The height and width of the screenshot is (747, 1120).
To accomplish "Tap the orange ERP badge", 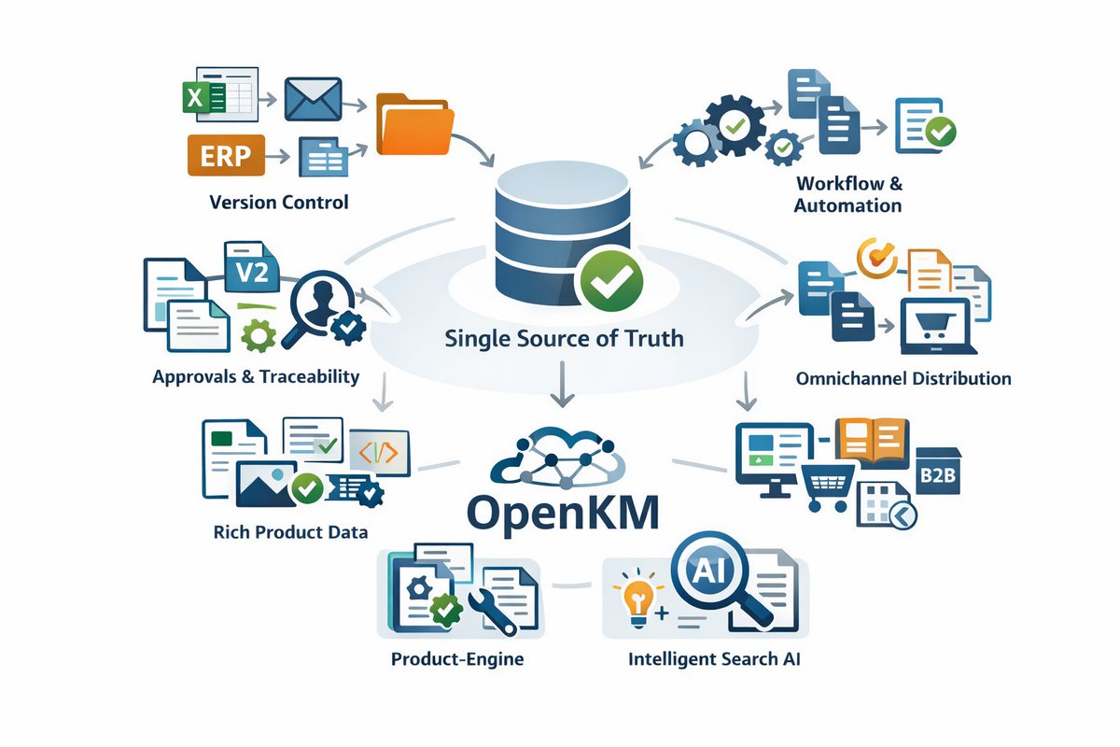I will coord(225,155).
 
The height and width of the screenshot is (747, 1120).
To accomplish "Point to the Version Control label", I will coord(279,202).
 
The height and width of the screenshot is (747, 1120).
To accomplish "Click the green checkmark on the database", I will coord(610,278).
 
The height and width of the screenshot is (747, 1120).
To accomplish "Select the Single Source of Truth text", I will coord(563,338).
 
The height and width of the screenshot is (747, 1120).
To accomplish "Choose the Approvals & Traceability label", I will coord(256,377).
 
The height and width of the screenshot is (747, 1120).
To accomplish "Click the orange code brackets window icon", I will coord(379,452).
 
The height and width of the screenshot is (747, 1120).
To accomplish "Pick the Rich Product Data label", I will coord(290,532).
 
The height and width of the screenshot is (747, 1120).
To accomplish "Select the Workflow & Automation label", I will coord(848,194).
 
